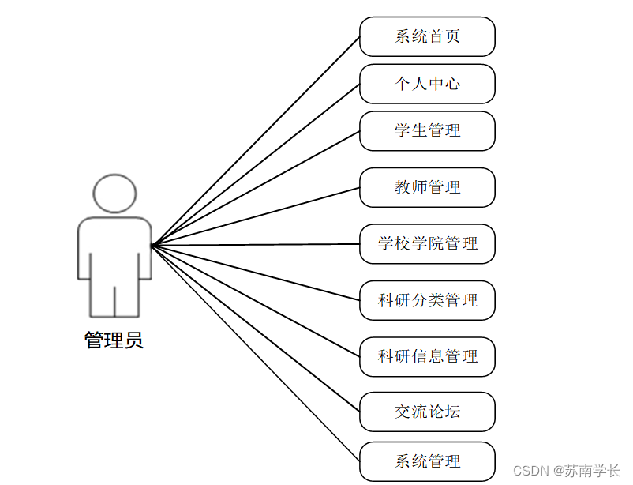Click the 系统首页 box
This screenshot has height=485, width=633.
[x=427, y=36]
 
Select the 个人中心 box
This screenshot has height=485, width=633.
[x=427, y=84]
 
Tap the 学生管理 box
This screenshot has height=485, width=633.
[x=427, y=130]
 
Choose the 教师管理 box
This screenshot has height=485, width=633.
[x=427, y=187]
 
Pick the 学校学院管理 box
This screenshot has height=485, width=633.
[x=427, y=243]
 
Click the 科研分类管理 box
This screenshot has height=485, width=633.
[x=427, y=300]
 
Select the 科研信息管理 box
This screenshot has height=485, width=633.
[x=427, y=356]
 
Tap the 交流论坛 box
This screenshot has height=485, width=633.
[x=427, y=412]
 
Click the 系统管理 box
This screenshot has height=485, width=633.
[x=427, y=461]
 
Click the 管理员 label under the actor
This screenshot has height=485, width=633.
[x=114, y=341]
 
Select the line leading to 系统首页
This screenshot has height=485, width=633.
[x=256, y=141]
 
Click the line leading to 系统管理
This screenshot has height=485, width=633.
[x=256, y=352]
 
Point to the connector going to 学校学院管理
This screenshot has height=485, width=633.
[x=256, y=245]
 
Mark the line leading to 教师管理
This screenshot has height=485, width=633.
[x=256, y=216]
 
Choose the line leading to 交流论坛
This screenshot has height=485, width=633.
[x=256, y=328]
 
